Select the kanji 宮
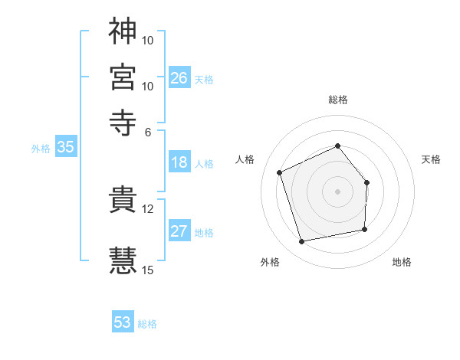pos(123,77)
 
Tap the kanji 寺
pos(123,123)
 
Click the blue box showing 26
pos(179,77)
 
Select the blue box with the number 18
pos(179,162)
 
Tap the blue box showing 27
pos(179,231)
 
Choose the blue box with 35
pos(65,148)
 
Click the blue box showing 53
pos(123,322)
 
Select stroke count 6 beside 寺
pos(148,131)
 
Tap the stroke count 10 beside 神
pos(148,39)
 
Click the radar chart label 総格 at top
pos(338,100)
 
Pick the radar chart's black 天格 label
pos(432,159)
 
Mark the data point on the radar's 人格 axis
pos(280,172)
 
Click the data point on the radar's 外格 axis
pos(302,242)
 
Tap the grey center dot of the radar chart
pos(338,191)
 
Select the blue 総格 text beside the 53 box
pos(147,324)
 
